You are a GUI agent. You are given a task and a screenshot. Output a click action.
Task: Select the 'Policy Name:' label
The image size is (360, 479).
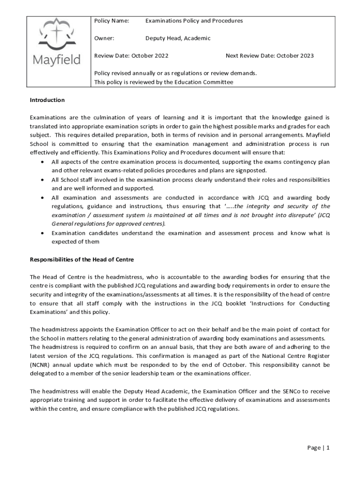[111, 21]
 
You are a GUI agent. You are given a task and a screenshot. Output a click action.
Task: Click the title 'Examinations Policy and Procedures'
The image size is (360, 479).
[194, 21]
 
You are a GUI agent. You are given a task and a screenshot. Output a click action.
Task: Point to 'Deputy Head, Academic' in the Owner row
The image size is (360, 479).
[178, 38]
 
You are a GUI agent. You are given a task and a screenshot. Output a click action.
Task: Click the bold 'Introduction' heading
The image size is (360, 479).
[47, 100]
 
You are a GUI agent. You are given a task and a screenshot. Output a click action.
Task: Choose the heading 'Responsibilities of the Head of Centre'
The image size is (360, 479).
[82, 259]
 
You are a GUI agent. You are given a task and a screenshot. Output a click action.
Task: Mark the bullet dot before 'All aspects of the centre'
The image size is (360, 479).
[43, 162]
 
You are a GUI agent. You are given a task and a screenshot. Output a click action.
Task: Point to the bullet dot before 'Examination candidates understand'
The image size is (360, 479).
[43, 233]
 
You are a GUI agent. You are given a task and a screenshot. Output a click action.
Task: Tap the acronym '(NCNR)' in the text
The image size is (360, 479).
[42, 364]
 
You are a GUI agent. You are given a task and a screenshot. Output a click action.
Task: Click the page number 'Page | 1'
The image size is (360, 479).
[318, 448]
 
